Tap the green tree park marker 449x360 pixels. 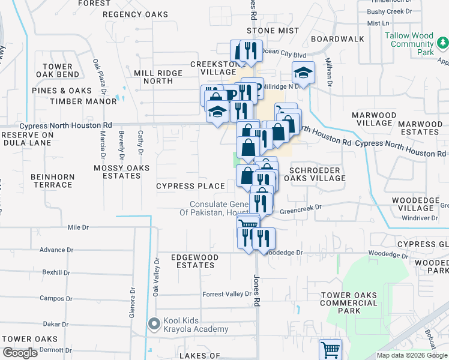[x=442, y=43]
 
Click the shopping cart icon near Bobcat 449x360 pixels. [x=330, y=349]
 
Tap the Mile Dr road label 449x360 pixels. [x=78, y=227]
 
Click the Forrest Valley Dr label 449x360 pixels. [x=226, y=294]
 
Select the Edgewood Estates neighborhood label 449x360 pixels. [x=193, y=261]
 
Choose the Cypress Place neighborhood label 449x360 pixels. [x=190, y=186]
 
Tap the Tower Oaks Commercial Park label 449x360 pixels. [x=349, y=303]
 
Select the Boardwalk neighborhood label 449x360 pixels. [x=342, y=38]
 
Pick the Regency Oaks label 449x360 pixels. [x=135, y=14]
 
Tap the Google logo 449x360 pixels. [x=20, y=353]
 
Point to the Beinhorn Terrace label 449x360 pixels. [x=52, y=181]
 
